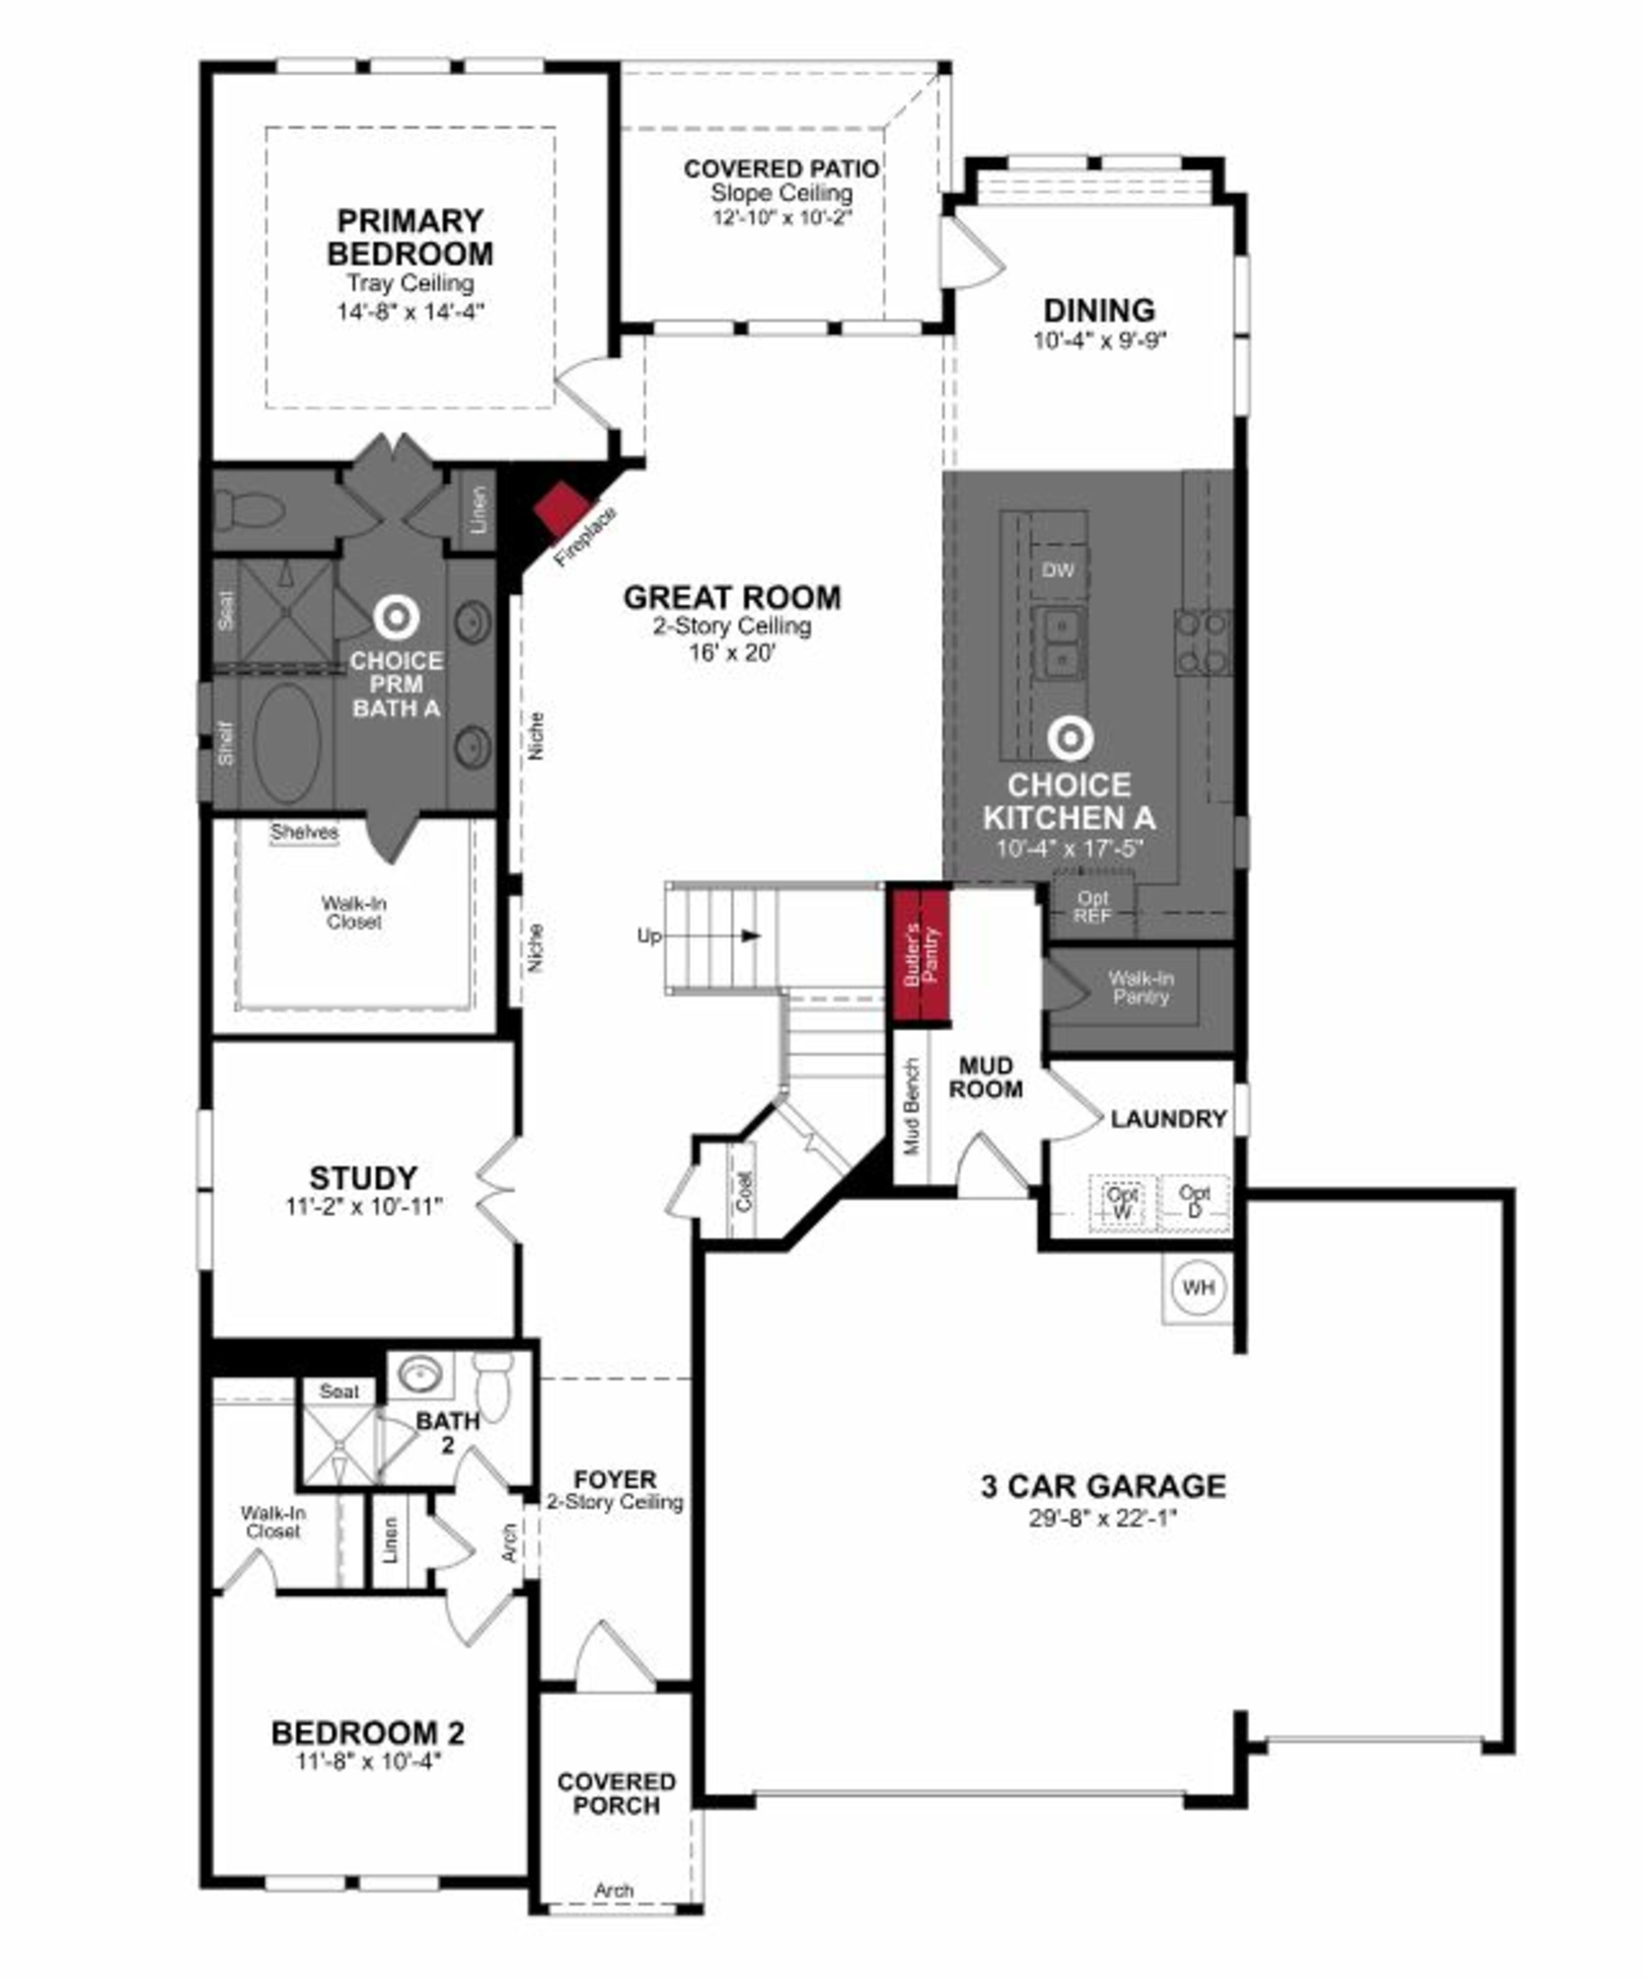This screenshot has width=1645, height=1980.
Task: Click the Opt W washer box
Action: (x=1122, y=1202)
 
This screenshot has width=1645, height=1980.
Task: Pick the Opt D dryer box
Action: (x=1194, y=1202)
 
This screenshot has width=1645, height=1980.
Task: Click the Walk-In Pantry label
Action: (x=1141, y=987)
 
